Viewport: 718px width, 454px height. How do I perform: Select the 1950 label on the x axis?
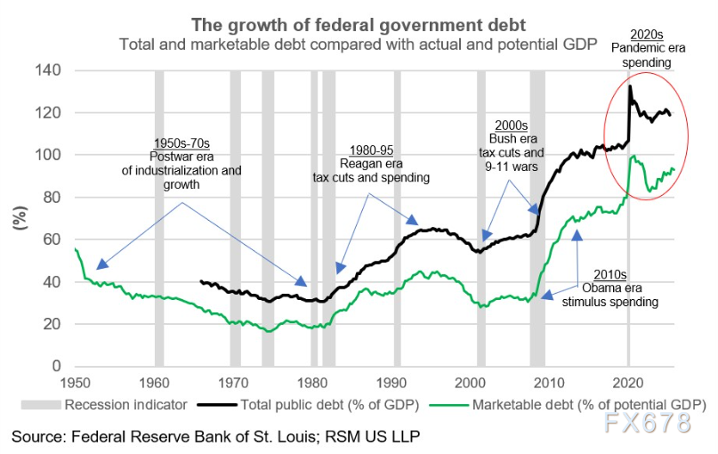pos(75,382)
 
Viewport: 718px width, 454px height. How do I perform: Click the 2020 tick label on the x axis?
pos(629,382)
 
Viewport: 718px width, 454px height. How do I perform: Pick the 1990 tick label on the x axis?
pos(391,382)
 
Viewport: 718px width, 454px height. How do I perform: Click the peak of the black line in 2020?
pos(630,86)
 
